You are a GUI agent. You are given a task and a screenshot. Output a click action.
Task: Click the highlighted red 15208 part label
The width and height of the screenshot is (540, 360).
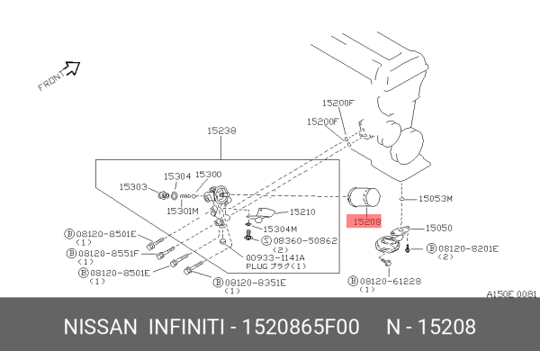[367, 220]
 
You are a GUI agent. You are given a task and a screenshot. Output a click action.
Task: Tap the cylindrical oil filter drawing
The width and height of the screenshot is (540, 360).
[364, 200]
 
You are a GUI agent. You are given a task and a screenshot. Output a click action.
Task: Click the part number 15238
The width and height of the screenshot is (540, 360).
[221, 130]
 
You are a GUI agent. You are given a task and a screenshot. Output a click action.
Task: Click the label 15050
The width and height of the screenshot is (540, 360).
[438, 229]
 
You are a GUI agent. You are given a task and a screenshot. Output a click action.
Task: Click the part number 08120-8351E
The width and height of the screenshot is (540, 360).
[255, 282]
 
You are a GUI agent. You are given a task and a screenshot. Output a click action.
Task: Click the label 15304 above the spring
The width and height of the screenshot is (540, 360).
[176, 176]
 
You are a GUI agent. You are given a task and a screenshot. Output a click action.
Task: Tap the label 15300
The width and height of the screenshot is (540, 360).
[209, 174]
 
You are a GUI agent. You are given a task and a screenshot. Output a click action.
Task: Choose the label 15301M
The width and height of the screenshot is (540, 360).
[182, 211]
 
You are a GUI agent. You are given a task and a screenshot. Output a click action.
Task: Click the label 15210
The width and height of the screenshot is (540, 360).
[301, 212]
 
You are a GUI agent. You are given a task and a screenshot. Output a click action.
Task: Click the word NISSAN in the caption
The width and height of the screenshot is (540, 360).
[99, 327]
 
